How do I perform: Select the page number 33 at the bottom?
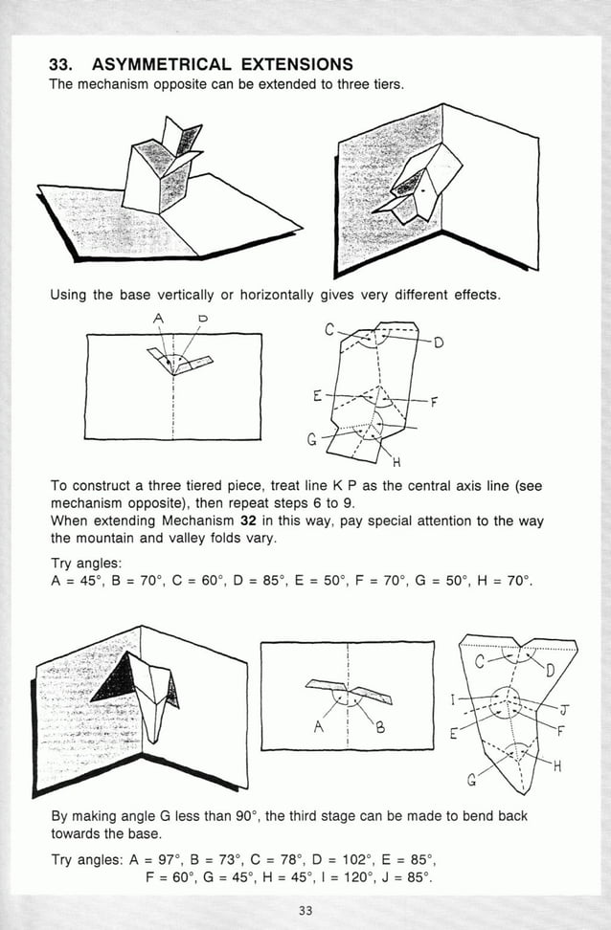tap(305, 910)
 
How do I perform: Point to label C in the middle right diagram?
tap(330, 331)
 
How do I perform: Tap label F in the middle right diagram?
tap(434, 402)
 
